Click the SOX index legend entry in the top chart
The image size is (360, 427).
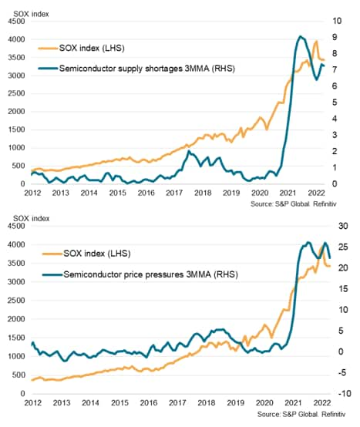(x=82, y=49)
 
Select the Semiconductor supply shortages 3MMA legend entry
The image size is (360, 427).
(x=136, y=69)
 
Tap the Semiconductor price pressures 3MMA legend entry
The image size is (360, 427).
(x=140, y=274)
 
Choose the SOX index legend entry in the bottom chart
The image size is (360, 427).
(x=86, y=254)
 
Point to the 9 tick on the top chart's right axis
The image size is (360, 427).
(x=335, y=37)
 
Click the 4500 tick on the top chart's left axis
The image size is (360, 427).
(x=16, y=22)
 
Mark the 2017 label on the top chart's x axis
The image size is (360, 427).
(x=174, y=193)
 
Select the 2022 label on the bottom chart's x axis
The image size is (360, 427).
(x=322, y=402)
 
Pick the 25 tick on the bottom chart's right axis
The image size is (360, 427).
(x=343, y=247)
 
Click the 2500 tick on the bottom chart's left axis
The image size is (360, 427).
(x=16, y=301)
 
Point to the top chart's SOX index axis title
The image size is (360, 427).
(x=31, y=14)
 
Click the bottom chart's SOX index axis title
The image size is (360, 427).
(x=32, y=218)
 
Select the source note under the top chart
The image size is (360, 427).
(x=293, y=203)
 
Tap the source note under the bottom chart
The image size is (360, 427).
(x=301, y=414)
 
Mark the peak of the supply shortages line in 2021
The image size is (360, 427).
(x=300, y=36)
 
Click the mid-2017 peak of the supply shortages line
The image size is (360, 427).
(x=189, y=151)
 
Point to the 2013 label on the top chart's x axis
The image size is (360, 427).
(x=60, y=193)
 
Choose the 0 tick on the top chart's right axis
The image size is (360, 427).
(x=335, y=183)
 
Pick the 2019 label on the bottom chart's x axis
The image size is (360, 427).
(x=235, y=402)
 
